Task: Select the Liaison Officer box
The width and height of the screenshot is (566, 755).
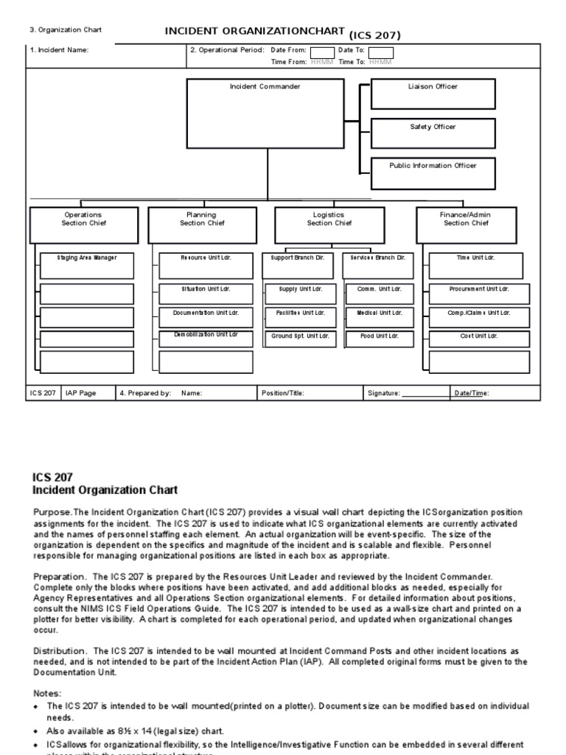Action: coord(433,94)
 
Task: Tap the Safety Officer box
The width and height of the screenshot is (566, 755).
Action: coord(433,133)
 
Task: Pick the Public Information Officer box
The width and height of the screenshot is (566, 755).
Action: coord(433,173)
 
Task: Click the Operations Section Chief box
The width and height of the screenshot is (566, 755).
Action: coord(83,225)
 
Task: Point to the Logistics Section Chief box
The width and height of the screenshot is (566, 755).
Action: coord(329,225)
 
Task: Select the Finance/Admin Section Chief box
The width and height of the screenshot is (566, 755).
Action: coord(465,225)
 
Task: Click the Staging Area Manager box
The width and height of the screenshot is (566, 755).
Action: coord(86,265)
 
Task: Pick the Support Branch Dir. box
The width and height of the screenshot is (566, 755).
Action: coord(298,265)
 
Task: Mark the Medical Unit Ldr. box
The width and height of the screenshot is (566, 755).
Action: coord(380,317)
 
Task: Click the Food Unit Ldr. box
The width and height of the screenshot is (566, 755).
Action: coord(380,339)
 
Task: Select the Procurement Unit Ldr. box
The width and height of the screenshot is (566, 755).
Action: coord(479,293)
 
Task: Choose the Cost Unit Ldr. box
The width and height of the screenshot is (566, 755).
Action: coord(479,339)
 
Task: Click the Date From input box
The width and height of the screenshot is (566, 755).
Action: coord(321,52)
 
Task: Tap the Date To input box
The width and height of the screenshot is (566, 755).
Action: coord(381,52)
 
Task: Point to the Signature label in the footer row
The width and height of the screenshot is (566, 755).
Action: coord(384,394)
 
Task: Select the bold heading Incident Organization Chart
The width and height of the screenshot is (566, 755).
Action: coord(105,490)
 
